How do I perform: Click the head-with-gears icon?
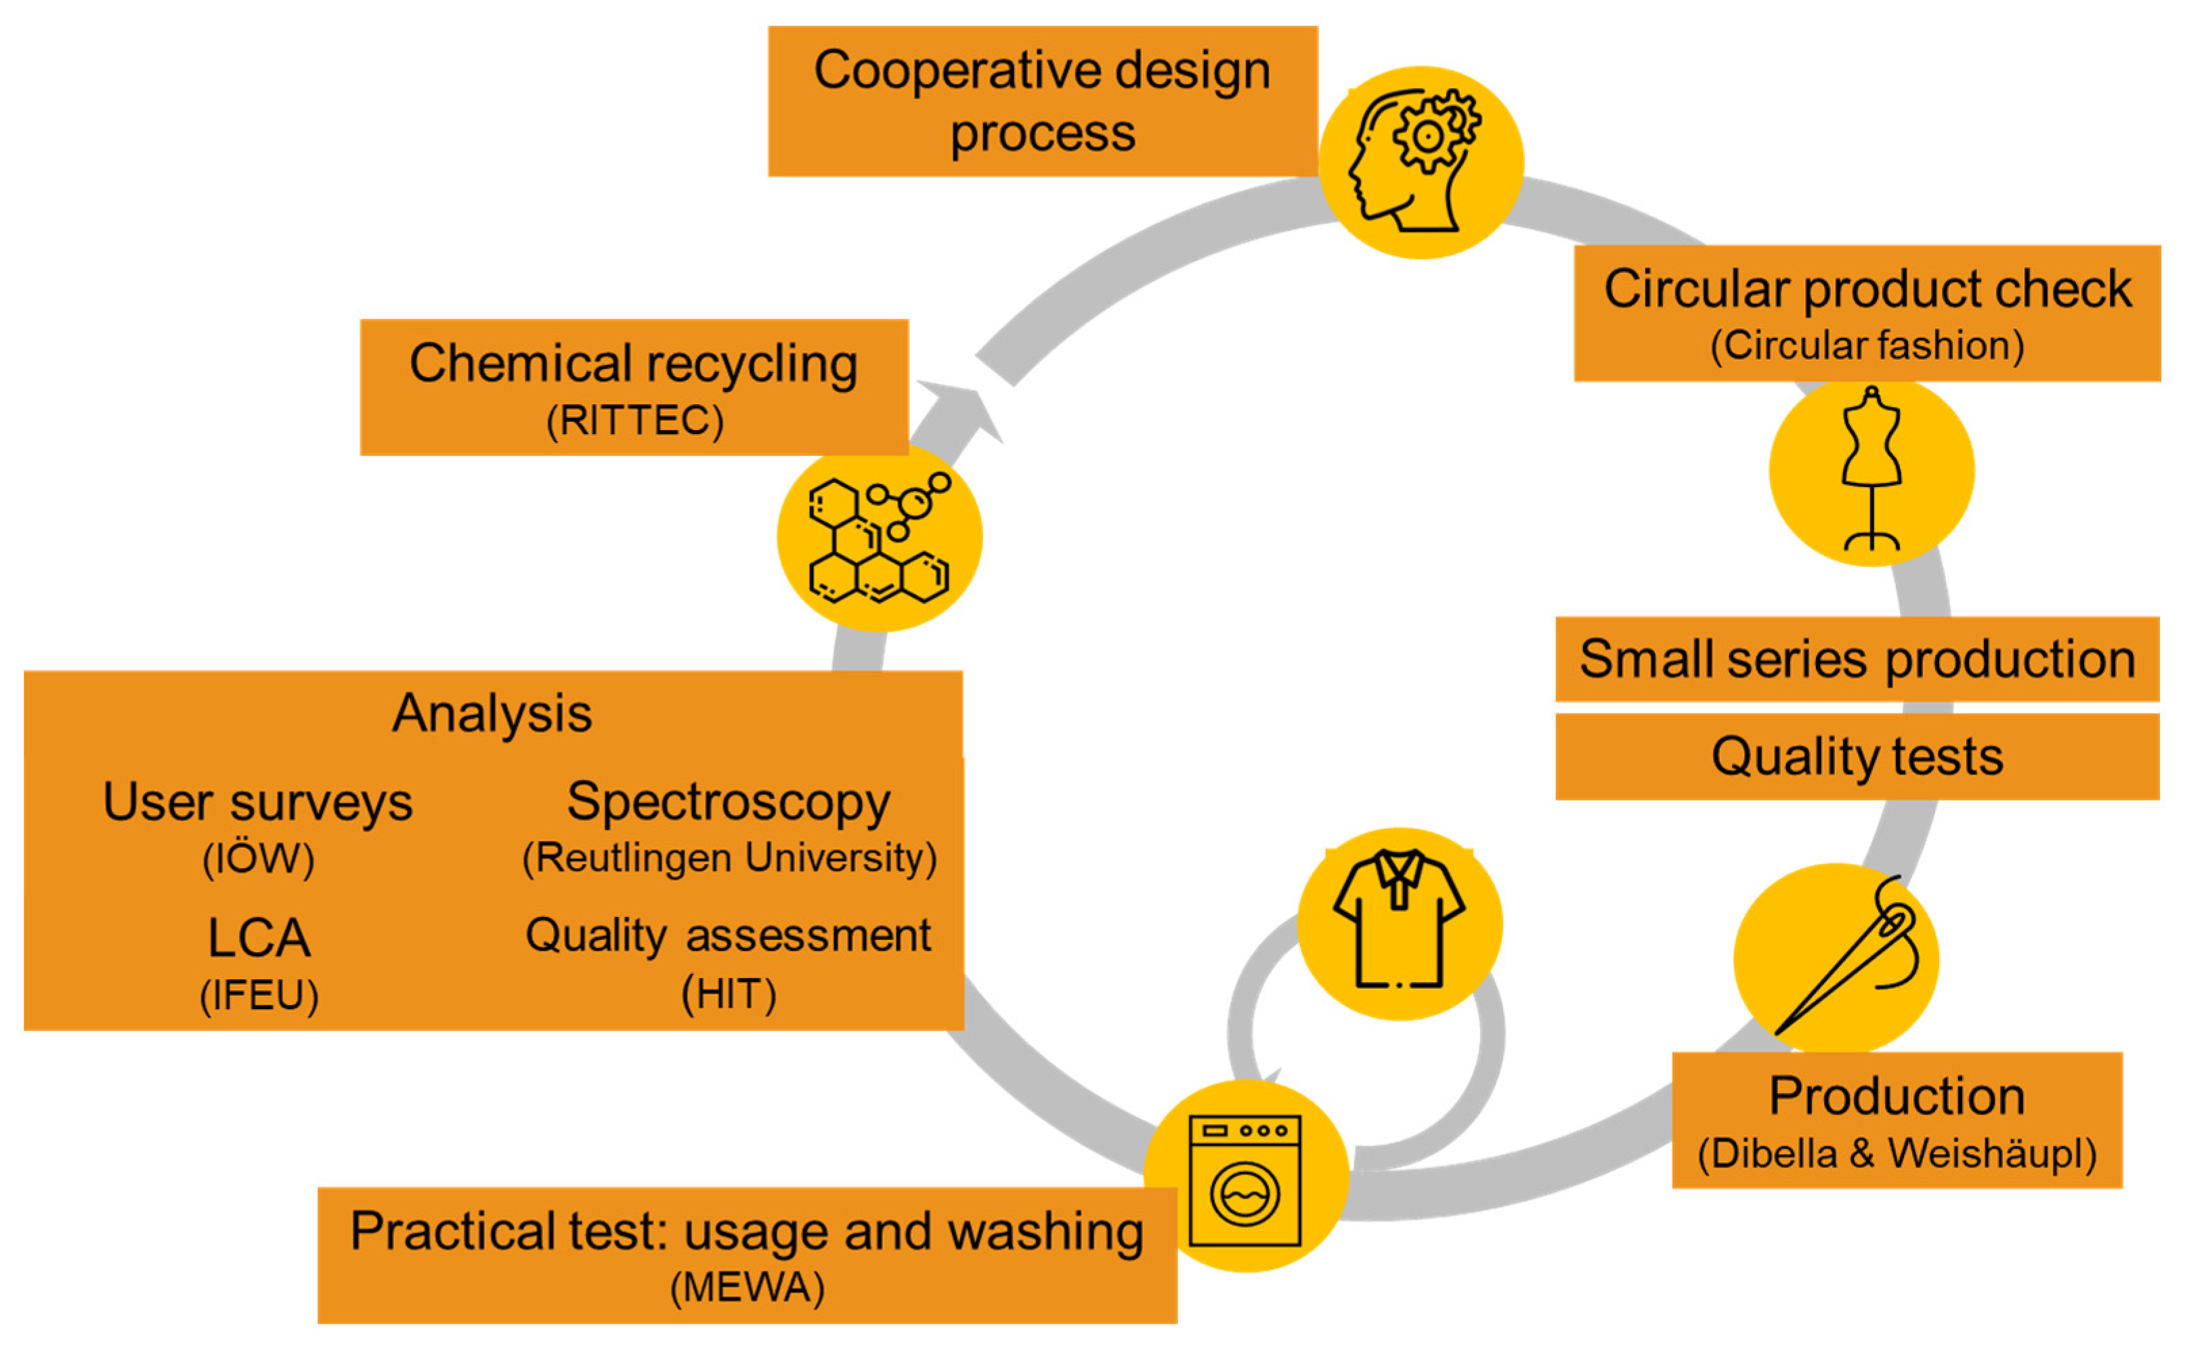click(x=1421, y=162)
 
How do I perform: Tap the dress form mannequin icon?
click(x=1871, y=470)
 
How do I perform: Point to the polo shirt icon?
click(x=1399, y=922)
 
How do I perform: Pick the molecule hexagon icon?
click(x=879, y=539)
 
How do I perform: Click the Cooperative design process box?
click(x=1042, y=100)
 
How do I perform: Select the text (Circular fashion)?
click(x=1867, y=345)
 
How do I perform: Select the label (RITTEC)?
click(x=634, y=420)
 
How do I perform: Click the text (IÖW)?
click(x=258, y=859)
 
